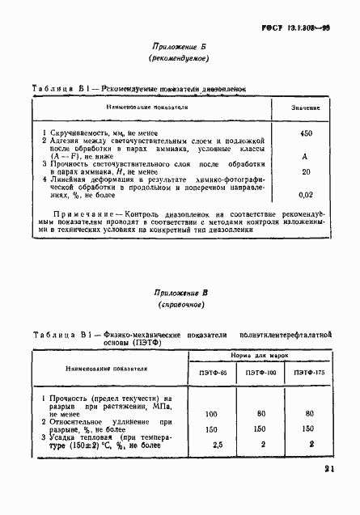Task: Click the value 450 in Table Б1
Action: coord(306,133)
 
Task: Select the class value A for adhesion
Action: coord(306,156)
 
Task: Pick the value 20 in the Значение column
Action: coord(306,171)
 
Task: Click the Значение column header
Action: coord(306,108)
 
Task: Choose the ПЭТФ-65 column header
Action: coord(214,373)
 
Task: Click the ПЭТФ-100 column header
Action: coord(260,373)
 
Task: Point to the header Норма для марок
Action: coord(260,354)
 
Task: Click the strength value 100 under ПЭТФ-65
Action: coord(213,415)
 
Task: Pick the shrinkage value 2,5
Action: coord(213,445)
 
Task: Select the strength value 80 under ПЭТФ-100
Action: coord(260,415)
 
